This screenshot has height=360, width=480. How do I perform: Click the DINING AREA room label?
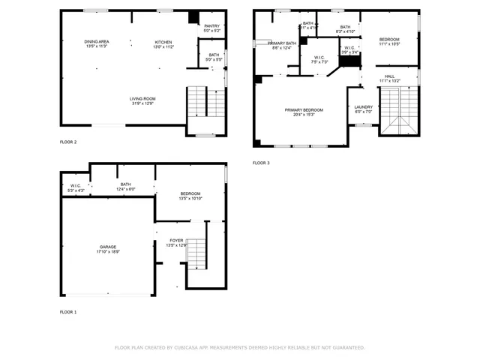click(x=97, y=41)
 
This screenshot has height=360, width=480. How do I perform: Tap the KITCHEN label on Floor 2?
click(x=163, y=41)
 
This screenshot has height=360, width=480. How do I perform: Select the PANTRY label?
click(x=212, y=26)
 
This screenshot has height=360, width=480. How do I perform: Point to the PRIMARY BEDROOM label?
click(x=298, y=110)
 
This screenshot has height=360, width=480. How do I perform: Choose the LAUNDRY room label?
click(x=363, y=107)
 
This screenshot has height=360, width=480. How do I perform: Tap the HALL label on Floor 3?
click(x=390, y=76)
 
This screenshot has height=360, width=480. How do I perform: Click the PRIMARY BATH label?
click(x=282, y=43)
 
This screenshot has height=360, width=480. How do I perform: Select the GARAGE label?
click(x=108, y=247)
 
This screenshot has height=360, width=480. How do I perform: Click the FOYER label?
click(x=175, y=241)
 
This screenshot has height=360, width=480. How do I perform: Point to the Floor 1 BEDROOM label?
click(x=190, y=193)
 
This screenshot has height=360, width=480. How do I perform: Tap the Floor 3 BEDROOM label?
click(x=389, y=39)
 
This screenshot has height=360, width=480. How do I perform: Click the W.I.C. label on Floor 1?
click(x=76, y=186)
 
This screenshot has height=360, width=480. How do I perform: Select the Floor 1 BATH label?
click(x=125, y=184)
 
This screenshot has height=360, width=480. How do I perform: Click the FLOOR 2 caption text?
click(x=68, y=142)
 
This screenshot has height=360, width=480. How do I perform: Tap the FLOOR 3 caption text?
click(x=260, y=163)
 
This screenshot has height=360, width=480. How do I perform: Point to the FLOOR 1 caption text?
click(x=68, y=311)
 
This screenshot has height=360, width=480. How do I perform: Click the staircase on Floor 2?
click(x=205, y=102)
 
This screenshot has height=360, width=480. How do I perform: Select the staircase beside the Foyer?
click(x=196, y=253)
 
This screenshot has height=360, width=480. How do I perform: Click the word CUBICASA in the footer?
click(x=189, y=347)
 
